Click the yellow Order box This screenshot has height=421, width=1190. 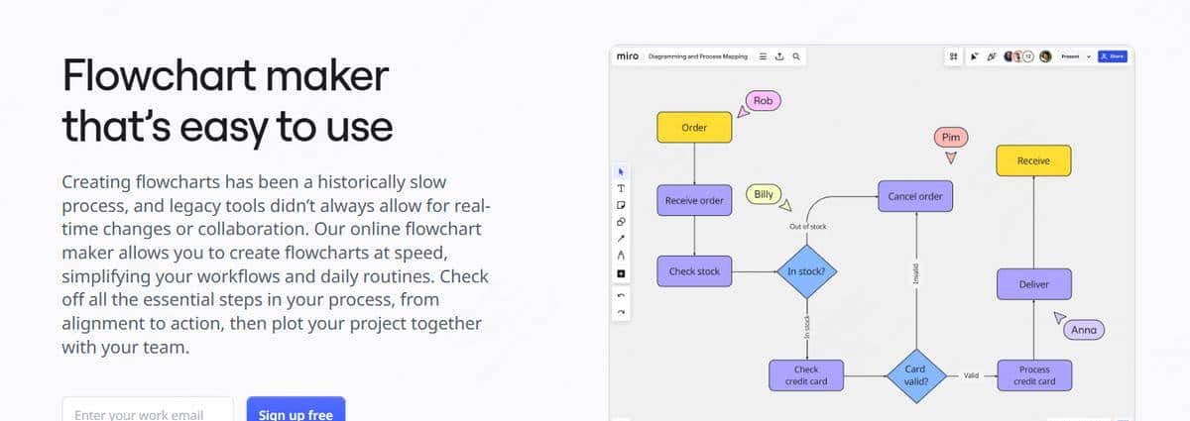pyautogui.click(x=694, y=128)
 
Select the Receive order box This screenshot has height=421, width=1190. pyautogui.click(x=694, y=200)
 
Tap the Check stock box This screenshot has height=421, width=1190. pyautogui.click(x=694, y=271)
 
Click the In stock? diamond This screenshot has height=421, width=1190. pyautogui.click(x=806, y=271)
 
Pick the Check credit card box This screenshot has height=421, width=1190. pyautogui.click(x=806, y=374)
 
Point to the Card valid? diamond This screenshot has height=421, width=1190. pyautogui.click(x=915, y=374)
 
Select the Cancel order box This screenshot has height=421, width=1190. pyautogui.click(x=915, y=196)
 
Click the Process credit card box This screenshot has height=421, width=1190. pyautogui.click(x=1033, y=374)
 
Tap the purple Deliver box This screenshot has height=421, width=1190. pyautogui.click(x=1033, y=284)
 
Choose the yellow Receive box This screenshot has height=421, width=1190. pyautogui.click(x=1033, y=160)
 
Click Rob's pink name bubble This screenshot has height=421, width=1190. pyautogui.click(x=763, y=100)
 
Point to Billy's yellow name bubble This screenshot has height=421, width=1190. pyautogui.click(x=763, y=194)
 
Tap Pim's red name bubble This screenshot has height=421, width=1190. pyautogui.click(x=950, y=137)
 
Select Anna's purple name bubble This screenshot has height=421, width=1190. pyautogui.click(x=1084, y=330)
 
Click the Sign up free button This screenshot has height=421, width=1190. pyautogui.click(x=296, y=411)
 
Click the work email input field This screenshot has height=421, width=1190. pyautogui.click(x=148, y=411)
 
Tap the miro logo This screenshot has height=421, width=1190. pyautogui.click(x=627, y=56)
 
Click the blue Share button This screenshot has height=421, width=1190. pyautogui.click(x=1113, y=56)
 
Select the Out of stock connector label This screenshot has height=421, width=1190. pyautogui.click(x=807, y=227)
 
